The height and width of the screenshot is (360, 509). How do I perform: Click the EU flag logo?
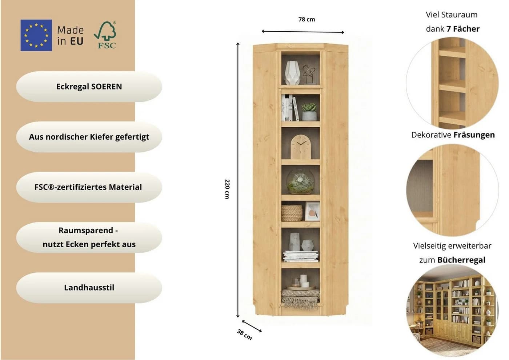(x=36, y=35)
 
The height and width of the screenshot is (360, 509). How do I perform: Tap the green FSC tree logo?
(x=105, y=35)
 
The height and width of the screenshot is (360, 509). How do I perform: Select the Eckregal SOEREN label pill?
(x=89, y=87)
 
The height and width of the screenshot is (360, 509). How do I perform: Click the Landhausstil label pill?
(x=89, y=288)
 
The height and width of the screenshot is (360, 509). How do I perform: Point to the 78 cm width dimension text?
(x=306, y=20)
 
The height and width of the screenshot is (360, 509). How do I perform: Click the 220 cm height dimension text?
(x=227, y=189)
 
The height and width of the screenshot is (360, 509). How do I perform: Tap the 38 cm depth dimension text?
(x=244, y=335)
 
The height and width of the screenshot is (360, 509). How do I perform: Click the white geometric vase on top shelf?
(x=292, y=73)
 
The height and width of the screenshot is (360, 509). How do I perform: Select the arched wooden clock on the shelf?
(x=301, y=147)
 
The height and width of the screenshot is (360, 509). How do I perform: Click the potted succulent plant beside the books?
(x=309, y=112)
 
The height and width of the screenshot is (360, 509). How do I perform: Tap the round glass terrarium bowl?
(x=300, y=182)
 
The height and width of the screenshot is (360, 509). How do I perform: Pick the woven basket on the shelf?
(x=292, y=213)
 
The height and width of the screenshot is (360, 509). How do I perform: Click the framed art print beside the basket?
(x=312, y=212)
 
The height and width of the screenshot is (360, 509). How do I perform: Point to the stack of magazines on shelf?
(x=300, y=256)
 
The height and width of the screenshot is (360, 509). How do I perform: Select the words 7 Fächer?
(x=463, y=29)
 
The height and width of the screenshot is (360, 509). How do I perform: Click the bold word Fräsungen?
(x=474, y=135)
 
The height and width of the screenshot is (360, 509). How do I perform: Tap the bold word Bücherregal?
(x=461, y=260)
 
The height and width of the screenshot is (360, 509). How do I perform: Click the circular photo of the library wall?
(x=452, y=311)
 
